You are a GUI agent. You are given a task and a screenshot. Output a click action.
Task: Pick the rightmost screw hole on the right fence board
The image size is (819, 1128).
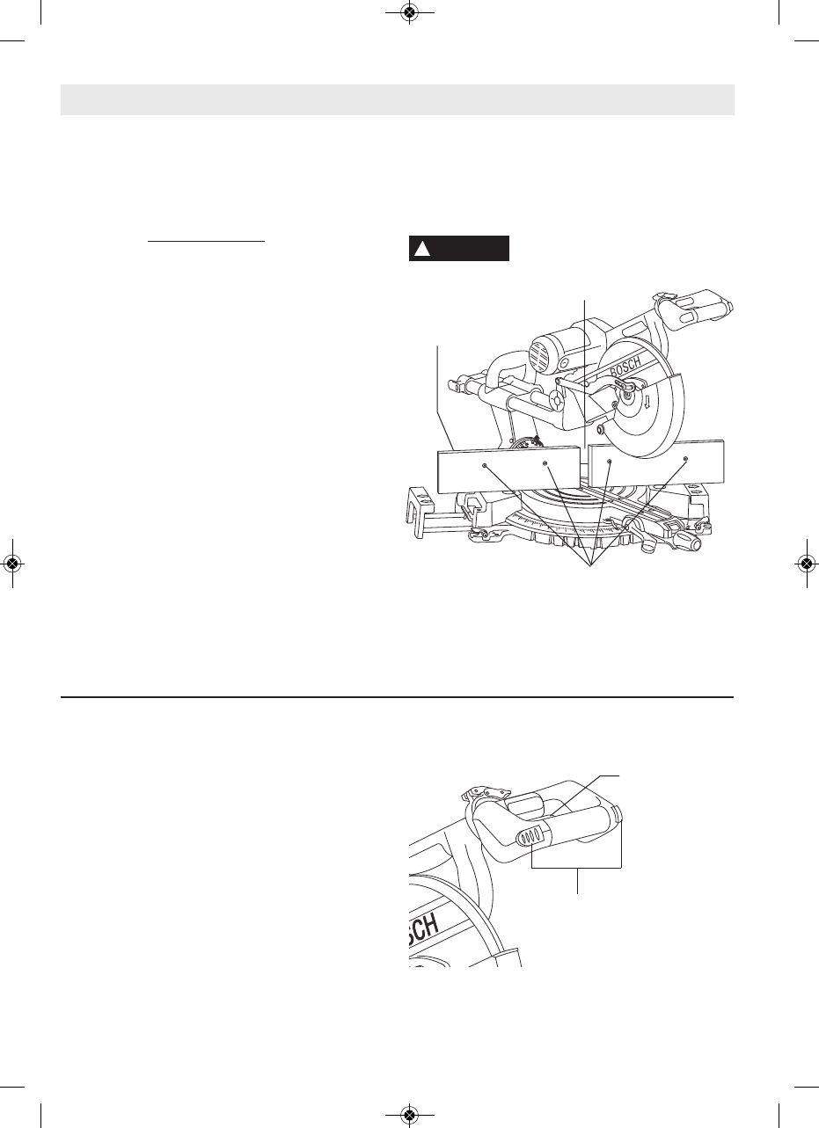click(686, 459)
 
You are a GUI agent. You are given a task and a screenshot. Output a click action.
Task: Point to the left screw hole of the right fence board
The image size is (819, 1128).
click(610, 460)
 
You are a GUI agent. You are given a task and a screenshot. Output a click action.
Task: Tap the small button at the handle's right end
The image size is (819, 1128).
click(619, 811)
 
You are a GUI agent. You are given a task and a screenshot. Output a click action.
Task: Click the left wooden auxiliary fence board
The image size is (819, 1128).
click(507, 469)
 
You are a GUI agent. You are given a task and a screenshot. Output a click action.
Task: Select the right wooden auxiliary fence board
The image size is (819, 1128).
click(656, 464)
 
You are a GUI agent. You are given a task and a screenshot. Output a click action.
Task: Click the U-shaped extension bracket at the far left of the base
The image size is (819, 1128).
click(420, 507)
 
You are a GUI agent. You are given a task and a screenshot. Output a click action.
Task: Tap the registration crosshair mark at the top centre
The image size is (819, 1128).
click(408, 12)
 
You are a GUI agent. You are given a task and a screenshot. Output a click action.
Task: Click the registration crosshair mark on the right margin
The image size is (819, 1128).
click(806, 564)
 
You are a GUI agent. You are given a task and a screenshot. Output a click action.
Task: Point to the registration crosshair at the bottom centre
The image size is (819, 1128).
click(408, 1115)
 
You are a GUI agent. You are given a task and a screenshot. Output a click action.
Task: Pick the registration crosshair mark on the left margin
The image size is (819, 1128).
click(12, 564)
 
